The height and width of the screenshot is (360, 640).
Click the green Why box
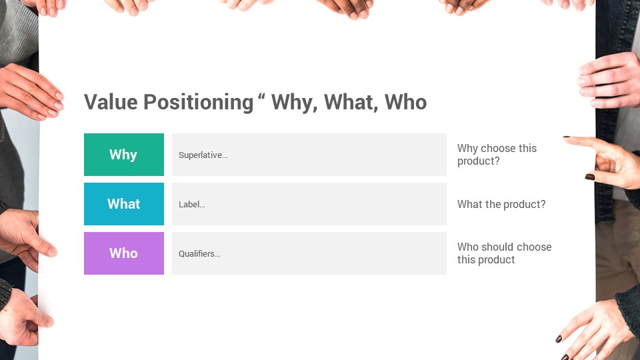point(124,155)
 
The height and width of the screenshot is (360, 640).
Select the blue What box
point(124,204)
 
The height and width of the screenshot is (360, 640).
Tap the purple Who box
point(124,253)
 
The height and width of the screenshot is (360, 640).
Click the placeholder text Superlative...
point(203,155)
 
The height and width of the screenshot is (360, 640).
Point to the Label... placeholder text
point(192,205)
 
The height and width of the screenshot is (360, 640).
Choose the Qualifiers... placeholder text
point(199,254)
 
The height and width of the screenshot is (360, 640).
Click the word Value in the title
point(111,102)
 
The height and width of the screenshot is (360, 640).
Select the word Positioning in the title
point(199,103)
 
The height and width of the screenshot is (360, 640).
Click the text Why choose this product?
point(497,155)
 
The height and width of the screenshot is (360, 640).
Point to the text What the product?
point(501,204)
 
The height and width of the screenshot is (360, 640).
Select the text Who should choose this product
point(504,253)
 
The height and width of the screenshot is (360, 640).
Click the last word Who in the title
point(405,102)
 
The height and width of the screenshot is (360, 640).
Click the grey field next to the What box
point(309,204)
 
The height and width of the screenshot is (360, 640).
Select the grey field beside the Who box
point(309,253)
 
